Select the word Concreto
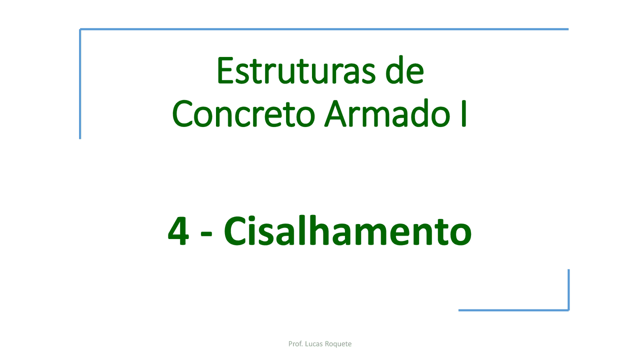(x=243, y=114)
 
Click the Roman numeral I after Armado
(x=464, y=114)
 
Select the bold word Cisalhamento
(x=347, y=231)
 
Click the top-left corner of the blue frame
(x=80, y=29)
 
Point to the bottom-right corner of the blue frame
(x=568, y=310)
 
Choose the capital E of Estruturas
(x=224, y=71)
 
